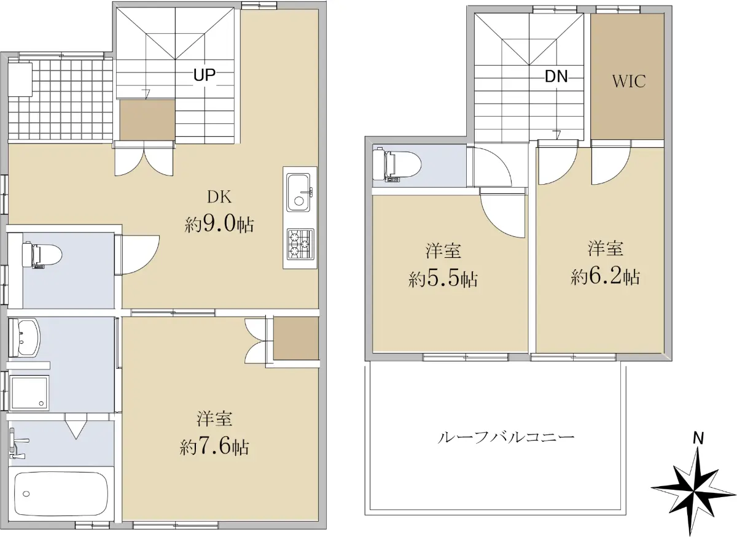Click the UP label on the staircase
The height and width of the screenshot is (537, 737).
(x=205, y=75)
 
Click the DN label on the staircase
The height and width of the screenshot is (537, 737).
(x=556, y=77)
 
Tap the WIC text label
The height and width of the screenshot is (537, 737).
(x=629, y=81)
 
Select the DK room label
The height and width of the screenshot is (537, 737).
(x=219, y=197)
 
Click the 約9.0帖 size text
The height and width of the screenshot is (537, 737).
(x=219, y=225)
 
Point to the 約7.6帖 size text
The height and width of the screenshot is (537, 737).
(x=214, y=447)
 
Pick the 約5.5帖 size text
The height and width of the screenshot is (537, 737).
(x=443, y=279)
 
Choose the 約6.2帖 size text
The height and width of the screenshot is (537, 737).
(x=606, y=277)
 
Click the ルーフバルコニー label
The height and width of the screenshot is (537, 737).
(x=506, y=438)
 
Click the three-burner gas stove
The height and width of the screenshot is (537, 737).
(x=300, y=244)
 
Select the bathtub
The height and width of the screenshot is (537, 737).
(x=61, y=494)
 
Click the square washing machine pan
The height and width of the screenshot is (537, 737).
(x=29, y=393)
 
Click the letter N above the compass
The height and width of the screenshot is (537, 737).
(x=698, y=439)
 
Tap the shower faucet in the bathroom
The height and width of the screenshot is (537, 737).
(x=18, y=443)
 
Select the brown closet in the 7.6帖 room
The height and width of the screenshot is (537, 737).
(x=296, y=338)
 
